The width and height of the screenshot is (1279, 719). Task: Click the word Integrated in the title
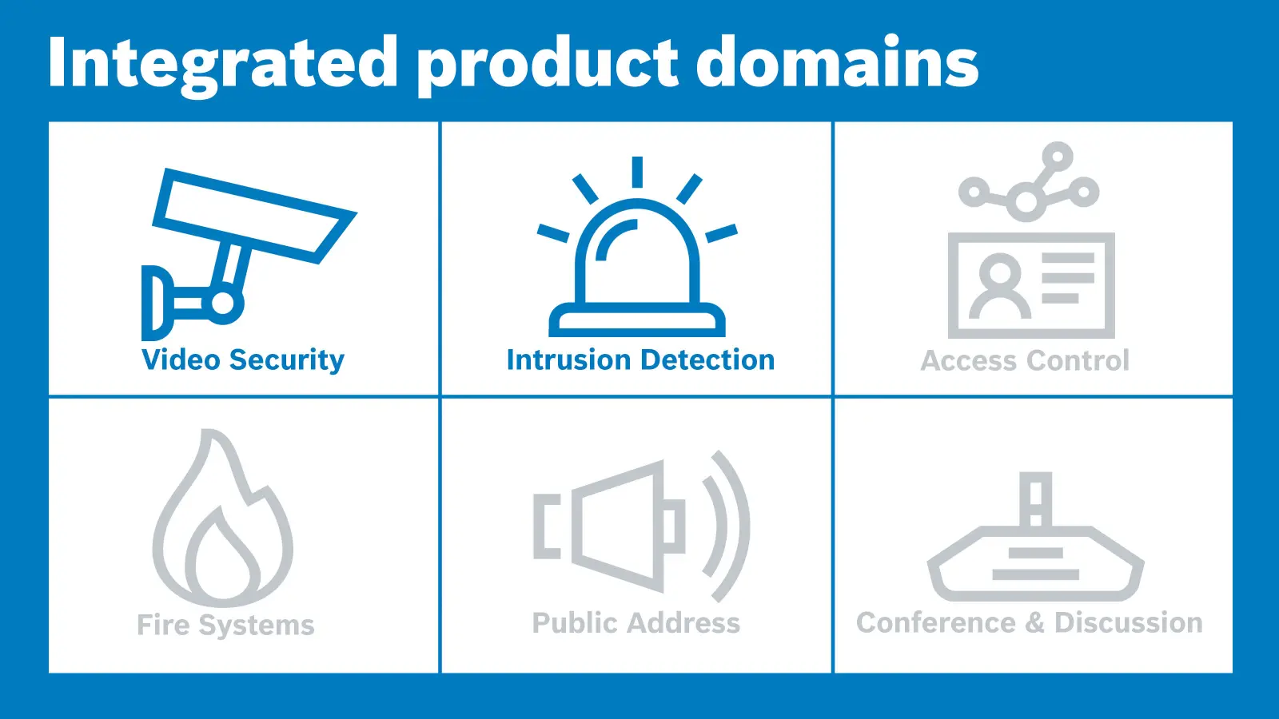pos(223,64)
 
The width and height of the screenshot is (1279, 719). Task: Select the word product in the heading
pos(548,65)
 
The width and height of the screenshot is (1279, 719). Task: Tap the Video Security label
pos(243,360)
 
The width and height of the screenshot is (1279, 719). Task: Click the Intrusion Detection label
pos(640,360)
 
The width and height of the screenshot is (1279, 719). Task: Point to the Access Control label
pos(1025,360)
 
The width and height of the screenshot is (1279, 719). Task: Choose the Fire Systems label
pos(225,625)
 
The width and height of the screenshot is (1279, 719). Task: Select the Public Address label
pos(636,622)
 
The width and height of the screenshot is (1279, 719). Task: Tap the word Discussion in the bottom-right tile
pos(1129,622)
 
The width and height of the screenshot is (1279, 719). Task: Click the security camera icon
pos(249,254)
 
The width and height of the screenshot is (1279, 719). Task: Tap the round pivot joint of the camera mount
pos(223,303)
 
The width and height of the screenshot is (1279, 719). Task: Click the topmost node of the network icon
pos(1058,157)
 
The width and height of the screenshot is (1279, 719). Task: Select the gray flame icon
pos(223,518)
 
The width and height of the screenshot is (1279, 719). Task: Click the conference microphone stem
pos(1036,499)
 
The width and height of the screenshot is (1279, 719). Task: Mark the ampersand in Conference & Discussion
pos(1035,622)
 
